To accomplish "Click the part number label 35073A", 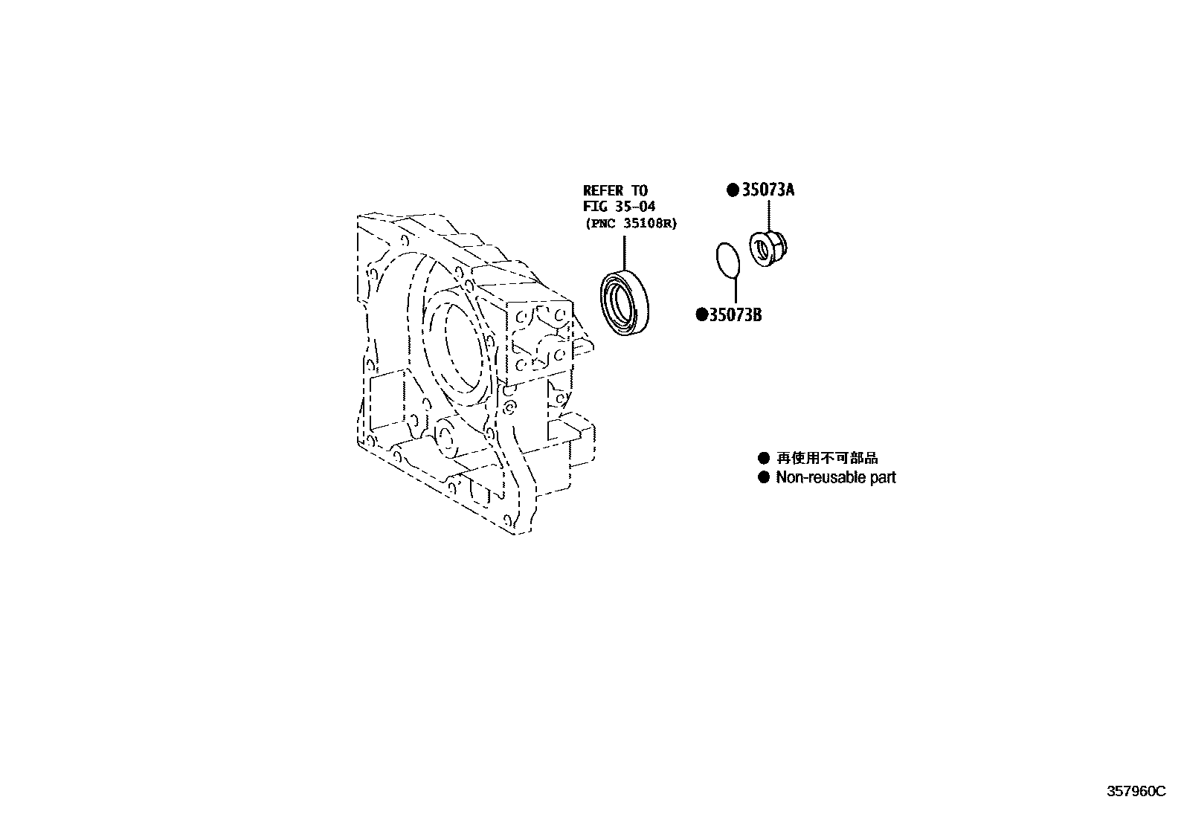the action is click(x=768, y=190).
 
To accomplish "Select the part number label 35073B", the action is click(x=736, y=315).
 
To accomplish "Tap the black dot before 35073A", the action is click(x=733, y=190).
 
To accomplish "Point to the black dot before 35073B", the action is click(x=701, y=315).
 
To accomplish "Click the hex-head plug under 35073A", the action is click(x=768, y=248).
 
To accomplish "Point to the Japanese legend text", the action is click(x=827, y=459).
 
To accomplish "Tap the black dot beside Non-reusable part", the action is click(x=763, y=477).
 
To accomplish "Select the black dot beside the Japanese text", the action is click(x=763, y=458).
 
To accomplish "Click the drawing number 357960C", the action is click(x=1136, y=792).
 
